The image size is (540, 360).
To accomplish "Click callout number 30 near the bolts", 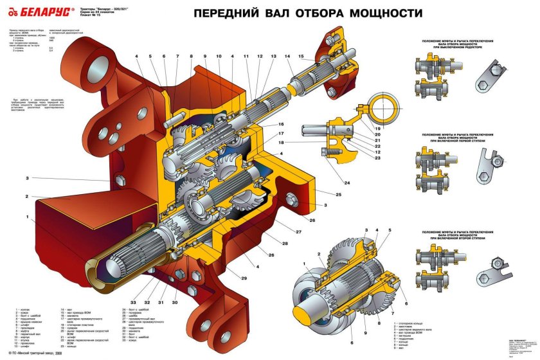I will coord(175,301).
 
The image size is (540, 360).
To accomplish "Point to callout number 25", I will coord(339,194).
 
